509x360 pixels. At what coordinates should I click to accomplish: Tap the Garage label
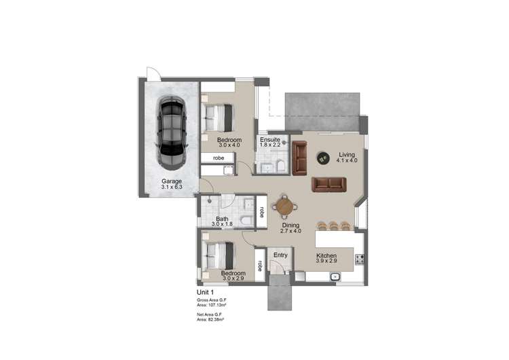tap(170, 181)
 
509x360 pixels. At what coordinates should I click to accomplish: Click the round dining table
tap(285, 205)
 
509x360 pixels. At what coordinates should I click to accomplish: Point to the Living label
tap(347, 155)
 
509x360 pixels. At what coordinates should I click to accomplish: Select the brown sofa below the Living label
tap(329, 184)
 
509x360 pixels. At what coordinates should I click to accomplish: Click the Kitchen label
tap(326, 256)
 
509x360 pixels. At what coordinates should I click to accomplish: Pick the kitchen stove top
tap(360, 259)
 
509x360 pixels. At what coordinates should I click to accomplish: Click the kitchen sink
tap(334, 276)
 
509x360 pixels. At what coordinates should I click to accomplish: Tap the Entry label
tap(280, 255)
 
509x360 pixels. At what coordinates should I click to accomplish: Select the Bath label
tap(222, 219)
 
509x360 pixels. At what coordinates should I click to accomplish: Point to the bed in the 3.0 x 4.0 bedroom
tap(220, 117)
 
